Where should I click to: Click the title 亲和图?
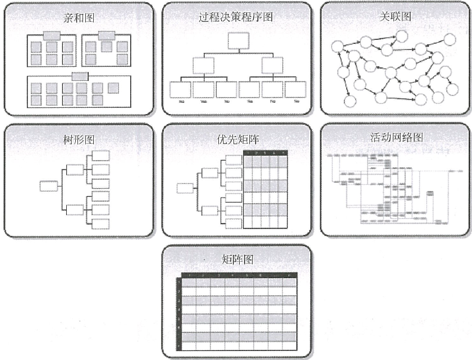pos(79,18)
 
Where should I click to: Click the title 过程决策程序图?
pos(236,17)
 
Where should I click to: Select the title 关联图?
pos(395,17)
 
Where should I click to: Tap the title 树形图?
pos(79,138)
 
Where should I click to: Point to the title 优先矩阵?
pos(236,138)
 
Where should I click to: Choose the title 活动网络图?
pos(396,138)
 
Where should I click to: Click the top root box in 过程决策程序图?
pos(238,40)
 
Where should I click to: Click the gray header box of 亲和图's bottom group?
pos(80,76)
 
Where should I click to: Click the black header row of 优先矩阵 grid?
pos(265,153)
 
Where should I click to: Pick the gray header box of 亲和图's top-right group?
pos(107,35)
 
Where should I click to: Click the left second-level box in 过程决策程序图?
pos(203,66)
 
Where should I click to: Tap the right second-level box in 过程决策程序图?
pos(272,66)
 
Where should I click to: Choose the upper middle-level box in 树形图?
pos(75,169)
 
